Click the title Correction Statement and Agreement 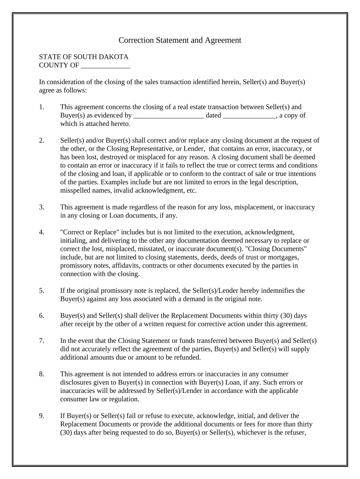[x=180, y=40]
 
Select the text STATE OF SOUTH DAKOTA [x=84, y=57]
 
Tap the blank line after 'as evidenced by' [x=169, y=115]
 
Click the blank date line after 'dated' [x=250, y=115]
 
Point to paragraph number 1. [x=42, y=107]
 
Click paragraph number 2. [x=42, y=140]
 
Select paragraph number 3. [x=42, y=207]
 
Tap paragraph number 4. [x=42, y=232]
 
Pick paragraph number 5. [x=42, y=290]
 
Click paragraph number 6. [x=42, y=316]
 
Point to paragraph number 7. [x=42, y=341]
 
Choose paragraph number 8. [x=42, y=374]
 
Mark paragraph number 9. [x=42, y=415]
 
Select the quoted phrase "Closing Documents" [x=280, y=249]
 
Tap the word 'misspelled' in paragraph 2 [x=77, y=190]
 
